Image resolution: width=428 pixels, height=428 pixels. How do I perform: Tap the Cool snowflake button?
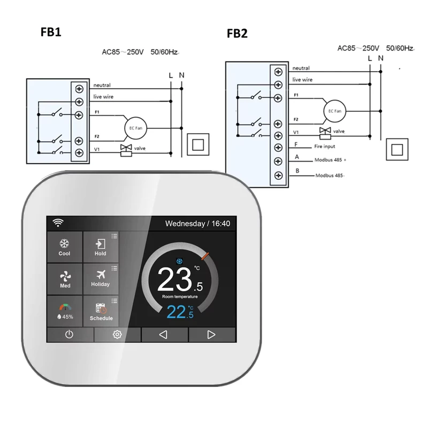(x=65, y=247)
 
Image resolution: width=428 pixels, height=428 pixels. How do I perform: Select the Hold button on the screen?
(x=101, y=247)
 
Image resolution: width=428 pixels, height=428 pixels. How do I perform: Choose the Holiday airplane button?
(x=101, y=279)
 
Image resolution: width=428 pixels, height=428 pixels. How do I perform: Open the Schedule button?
(x=101, y=311)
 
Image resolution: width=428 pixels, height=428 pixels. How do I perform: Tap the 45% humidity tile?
(x=65, y=311)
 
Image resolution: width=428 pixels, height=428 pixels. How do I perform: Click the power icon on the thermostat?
(x=70, y=334)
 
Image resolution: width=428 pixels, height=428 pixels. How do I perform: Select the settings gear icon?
(x=117, y=334)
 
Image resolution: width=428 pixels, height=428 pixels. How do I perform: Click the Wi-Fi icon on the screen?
(x=58, y=223)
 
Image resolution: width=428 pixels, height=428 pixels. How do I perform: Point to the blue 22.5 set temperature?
(x=180, y=312)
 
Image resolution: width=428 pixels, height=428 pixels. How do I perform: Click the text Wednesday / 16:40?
(x=197, y=224)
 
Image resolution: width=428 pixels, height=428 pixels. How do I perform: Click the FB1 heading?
(x=51, y=32)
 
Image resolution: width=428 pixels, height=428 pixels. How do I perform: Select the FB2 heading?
(x=237, y=33)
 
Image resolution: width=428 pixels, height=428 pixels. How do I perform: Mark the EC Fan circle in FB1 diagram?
(x=136, y=128)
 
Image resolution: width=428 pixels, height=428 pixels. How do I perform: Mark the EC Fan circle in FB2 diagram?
(x=335, y=111)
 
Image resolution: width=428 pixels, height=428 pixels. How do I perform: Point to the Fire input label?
(x=325, y=146)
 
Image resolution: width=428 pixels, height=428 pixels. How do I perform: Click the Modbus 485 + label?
(x=330, y=159)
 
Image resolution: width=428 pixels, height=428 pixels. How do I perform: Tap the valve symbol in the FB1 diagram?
(x=126, y=150)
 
